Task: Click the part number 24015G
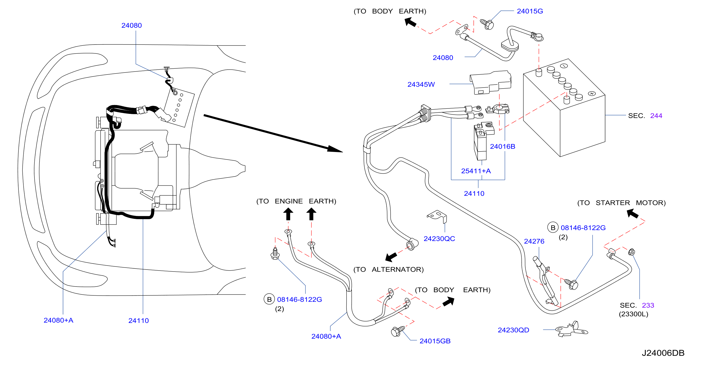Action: [530, 11]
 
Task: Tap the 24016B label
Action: [502, 146]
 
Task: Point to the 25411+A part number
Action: [476, 171]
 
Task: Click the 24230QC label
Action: [439, 239]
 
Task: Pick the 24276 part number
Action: [534, 241]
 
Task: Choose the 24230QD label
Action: [513, 330]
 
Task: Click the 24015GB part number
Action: [435, 341]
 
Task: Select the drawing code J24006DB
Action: [663, 353]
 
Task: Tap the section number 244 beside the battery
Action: [656, 116]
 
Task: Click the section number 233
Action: [648, 305]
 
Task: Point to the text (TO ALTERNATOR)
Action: [388, 269]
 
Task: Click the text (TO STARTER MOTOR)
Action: [621, 203]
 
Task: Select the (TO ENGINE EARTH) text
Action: [296, 201]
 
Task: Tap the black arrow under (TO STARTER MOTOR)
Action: [632, 213]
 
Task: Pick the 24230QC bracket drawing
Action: [437, 216]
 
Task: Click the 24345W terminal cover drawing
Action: [490, 82]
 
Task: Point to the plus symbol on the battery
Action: [591, 93]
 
